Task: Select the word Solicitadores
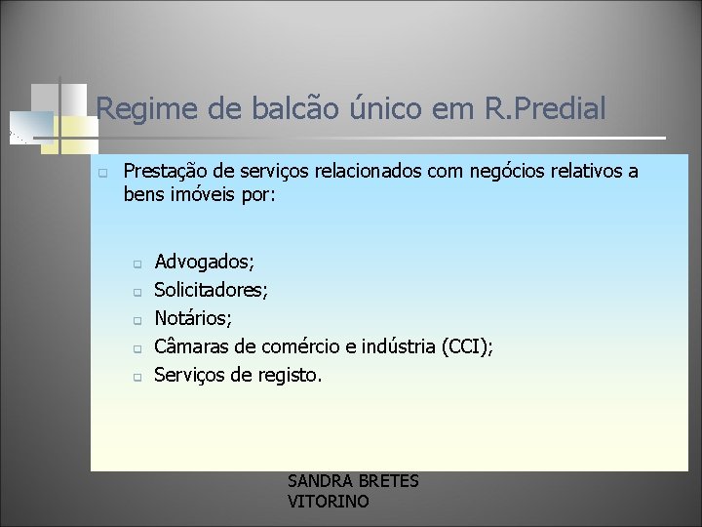tap(213, 290)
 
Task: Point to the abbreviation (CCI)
tap(465, 346)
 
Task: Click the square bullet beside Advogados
tap(137, 263)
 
